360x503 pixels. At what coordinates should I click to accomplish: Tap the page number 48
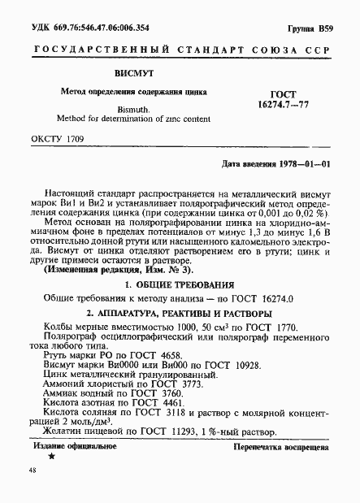coord(33,471)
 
